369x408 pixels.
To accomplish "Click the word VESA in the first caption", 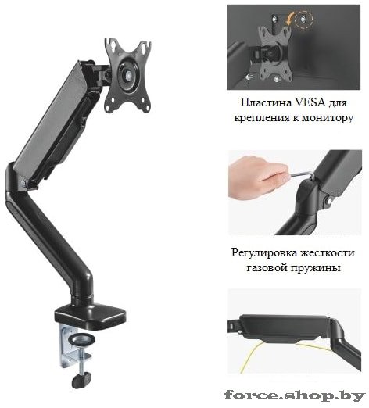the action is coord(310,102).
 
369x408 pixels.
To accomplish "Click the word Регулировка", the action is coord(263,253).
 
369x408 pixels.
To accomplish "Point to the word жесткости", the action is coord(327,252).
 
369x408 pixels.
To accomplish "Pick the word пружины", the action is coord(316,269).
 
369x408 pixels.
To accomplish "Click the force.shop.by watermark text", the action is coord(294,395).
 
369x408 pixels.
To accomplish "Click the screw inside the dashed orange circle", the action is coord(303,19).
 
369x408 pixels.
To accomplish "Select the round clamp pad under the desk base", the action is coord(82,339).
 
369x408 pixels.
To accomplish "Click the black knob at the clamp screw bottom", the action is coord(81,381).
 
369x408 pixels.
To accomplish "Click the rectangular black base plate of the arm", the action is coord(91,316).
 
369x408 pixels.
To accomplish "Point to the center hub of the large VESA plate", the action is coord(128,73).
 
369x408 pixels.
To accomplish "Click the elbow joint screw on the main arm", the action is coord(23,181).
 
